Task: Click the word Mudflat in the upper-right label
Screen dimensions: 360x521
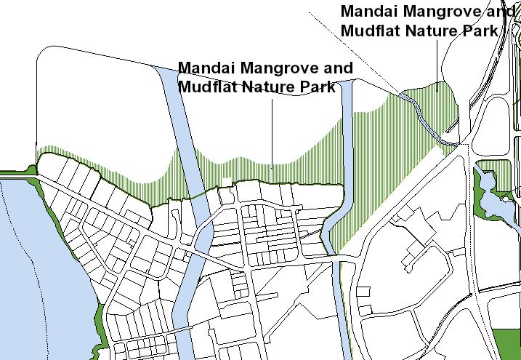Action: (x=368, y=31)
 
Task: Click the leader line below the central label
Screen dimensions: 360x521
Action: (x=272, y=131)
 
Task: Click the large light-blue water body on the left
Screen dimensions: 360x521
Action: (x=36, y=276)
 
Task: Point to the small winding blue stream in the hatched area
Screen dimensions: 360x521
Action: (x=425, y=116)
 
